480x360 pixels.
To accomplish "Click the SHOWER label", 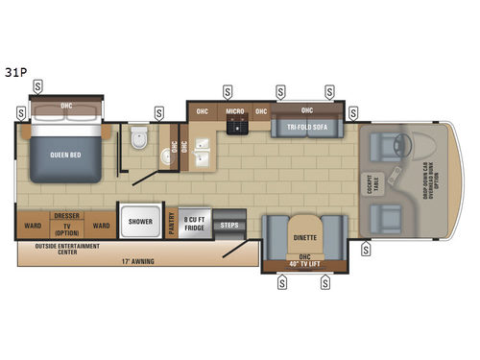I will (141, 222).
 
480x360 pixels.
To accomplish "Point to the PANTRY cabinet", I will (172, 223).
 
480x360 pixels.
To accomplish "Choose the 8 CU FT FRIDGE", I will (195, 223).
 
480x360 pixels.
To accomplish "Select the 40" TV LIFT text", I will (305, 264).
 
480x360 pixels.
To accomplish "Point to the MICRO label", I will (234, 110).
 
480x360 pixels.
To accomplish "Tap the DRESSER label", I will (66, 217).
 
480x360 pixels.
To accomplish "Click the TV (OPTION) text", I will (66, 230).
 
